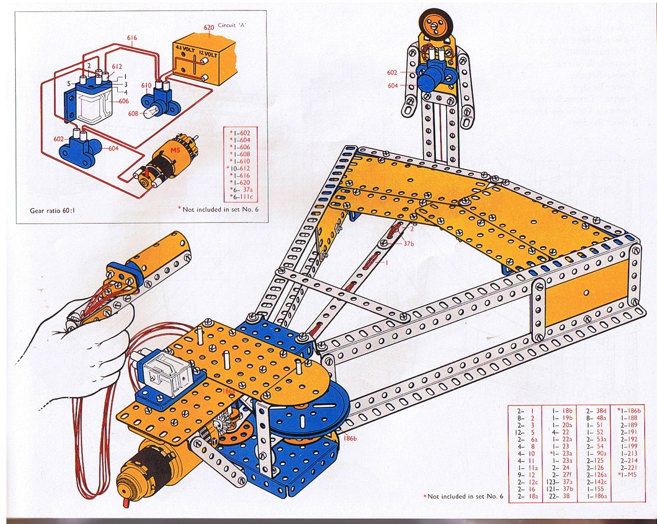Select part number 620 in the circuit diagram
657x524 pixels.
208,28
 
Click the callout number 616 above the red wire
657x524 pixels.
132,38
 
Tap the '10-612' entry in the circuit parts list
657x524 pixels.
239,168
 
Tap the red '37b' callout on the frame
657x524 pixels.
409,244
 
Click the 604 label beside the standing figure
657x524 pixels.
392,85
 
